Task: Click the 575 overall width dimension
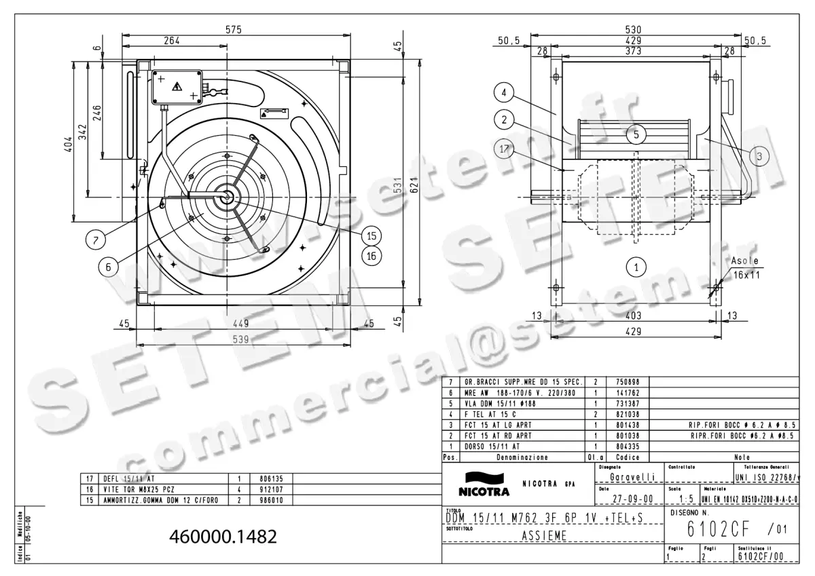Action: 234,29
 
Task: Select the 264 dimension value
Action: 173,41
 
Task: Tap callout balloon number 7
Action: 96,239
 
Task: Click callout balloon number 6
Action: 107,267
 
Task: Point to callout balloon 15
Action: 371,236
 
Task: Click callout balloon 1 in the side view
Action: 636,267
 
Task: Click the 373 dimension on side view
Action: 633,52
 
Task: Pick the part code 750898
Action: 627,382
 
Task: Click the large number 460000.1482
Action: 223,537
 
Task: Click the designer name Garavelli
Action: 632,478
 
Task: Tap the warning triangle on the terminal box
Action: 177,86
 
